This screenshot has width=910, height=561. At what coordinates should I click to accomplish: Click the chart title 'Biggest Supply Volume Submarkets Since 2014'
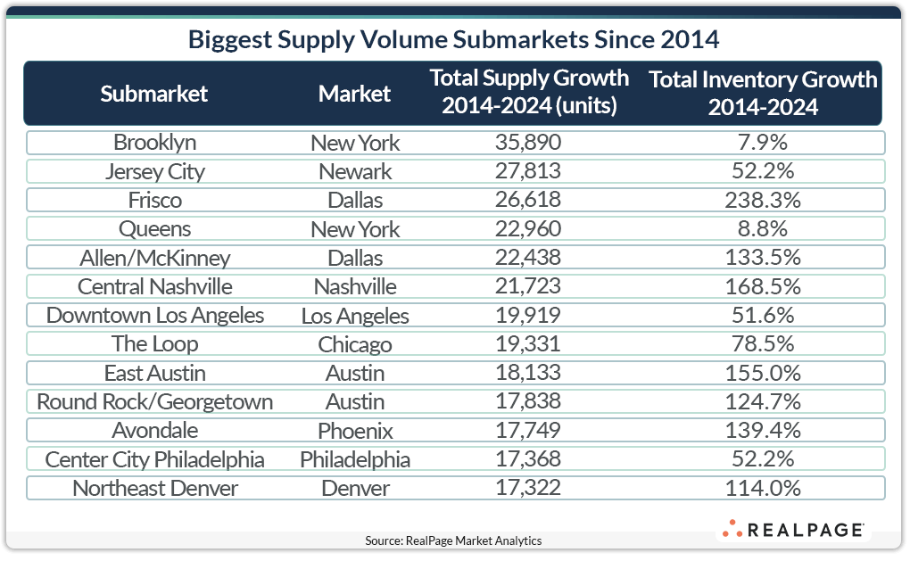453,40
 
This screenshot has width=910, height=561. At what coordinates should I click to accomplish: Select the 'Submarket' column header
154,94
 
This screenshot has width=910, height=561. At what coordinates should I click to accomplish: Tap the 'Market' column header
355,94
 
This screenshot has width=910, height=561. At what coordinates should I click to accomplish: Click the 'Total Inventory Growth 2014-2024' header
763,93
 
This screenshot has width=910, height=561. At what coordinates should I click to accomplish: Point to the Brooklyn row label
154,143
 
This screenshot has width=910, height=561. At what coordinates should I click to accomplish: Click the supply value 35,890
529,143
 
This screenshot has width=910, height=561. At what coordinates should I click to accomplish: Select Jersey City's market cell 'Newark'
355,171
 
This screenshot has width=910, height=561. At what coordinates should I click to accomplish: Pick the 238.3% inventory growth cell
763,201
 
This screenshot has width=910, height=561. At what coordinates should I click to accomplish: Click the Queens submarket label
154,229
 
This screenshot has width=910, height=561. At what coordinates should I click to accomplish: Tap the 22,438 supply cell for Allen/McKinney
529,258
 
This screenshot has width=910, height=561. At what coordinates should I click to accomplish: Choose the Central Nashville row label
154,286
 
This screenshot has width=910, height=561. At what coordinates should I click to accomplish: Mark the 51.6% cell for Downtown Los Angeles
763,315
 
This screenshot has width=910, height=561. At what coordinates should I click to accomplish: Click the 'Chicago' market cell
355,344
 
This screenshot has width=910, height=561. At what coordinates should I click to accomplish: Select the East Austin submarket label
154,373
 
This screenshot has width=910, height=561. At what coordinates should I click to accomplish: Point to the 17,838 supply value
529,401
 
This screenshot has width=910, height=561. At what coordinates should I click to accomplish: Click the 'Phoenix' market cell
355,431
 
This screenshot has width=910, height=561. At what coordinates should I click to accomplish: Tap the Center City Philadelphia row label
154,459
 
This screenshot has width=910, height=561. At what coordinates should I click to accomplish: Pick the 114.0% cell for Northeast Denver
763,488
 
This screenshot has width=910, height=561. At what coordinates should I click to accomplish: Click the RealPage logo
792,529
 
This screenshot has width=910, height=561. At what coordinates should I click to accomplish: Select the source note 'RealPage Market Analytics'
453,540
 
